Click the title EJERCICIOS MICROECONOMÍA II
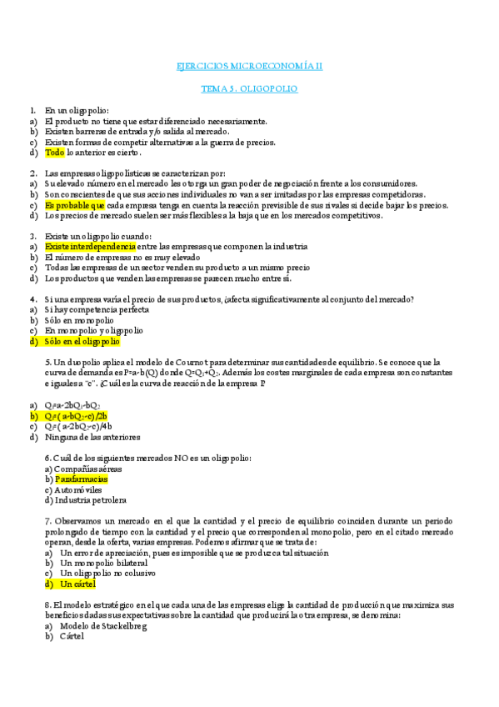coord(251,66)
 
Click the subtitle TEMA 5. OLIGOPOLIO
coord(251,88)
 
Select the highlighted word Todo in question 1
coord(54,153)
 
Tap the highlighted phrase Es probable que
coord(75,205)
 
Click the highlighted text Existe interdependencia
coord(90,247)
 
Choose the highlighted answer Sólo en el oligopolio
coord(82,341)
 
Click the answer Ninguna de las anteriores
coord(92,436)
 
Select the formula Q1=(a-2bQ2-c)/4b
coord(80,426)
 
